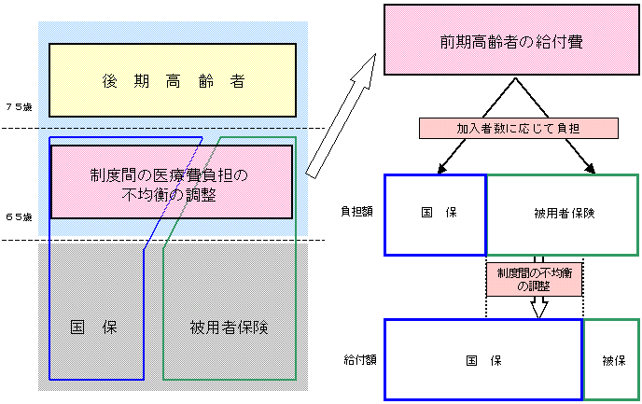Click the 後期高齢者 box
[173, 81]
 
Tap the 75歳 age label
[18, 107]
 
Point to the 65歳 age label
[18, 217]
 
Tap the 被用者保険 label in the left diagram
[229, 327]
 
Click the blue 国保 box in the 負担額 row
[436, 215]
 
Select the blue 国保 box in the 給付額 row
[483, 359]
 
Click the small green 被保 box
[612, 359]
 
